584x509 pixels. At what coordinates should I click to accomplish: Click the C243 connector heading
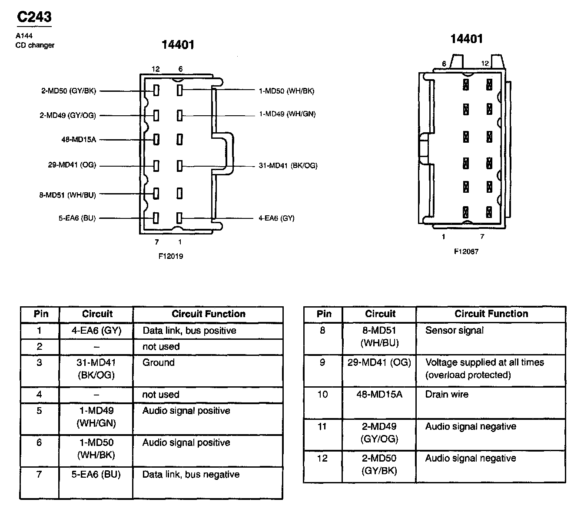pos(34,17)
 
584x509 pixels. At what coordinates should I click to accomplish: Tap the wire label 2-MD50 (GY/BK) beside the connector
pos(68,91)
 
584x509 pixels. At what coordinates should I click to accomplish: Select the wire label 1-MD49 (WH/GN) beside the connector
pos(287,114)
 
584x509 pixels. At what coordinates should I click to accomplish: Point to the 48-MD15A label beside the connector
pos(79,140)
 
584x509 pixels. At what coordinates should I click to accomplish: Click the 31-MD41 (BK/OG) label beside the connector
pos(288,165)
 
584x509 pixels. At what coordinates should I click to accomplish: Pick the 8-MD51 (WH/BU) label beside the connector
pos(67,195)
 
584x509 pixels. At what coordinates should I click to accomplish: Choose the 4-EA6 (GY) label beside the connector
pos(276,218)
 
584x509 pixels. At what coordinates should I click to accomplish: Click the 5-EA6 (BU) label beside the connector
pos(77,218)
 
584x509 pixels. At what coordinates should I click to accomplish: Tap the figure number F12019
pos(170,256)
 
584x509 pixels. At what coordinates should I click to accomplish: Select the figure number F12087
pos(466,251)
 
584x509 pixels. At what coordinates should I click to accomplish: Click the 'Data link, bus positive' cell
pos(189,331)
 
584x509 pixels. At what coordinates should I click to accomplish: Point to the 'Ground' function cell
pos(159,363)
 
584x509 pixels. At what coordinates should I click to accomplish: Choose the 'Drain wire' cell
pos(447,395)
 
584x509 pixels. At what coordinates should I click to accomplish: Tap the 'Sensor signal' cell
pos(454,331)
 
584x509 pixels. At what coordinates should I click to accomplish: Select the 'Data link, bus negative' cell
pos(191,475)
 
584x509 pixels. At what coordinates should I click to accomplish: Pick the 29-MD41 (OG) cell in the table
pos(379,362)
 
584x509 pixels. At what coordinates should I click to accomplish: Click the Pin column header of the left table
pos(40,314)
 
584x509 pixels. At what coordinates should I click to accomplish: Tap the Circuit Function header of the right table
pos(491,314)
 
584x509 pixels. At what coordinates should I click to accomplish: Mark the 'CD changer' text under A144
pos(35,45)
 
